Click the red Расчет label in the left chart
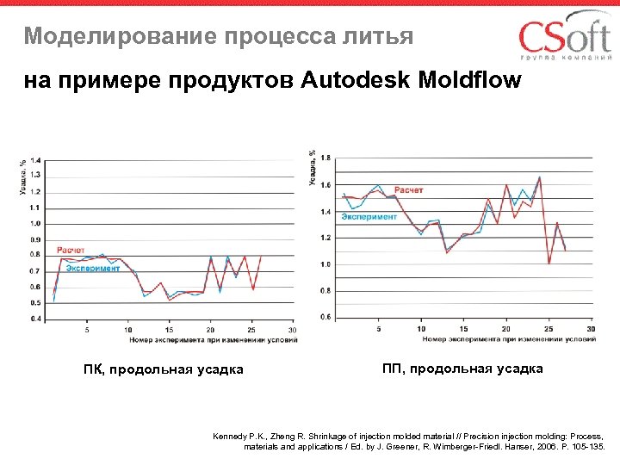pyautogui.click(x=71, y=250)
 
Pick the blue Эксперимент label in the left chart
pyautogui.click(x=93, y=268)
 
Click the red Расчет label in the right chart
pyautogui.click(x=408, y=189)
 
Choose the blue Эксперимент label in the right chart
pyautogui.click(x=369, y=217)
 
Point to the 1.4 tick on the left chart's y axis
pyautogui.click(x=35, y=160)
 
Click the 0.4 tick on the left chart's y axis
pyautogui.click(x=35, y=319)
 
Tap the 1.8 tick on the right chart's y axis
pyautogui.click(x=325, y=158)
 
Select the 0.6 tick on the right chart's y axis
pyautogui.click(x=325, y=317)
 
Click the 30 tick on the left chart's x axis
pyautogui.click(x=292, y=330)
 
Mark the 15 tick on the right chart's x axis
pyautogui.click(x=463, y=328)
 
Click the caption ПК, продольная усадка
pyautogui.click(x=163, y=370)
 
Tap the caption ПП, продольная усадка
pyautogui.click(x=462, y=369)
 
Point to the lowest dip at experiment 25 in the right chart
pyautogui.click(x=549, y=263)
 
